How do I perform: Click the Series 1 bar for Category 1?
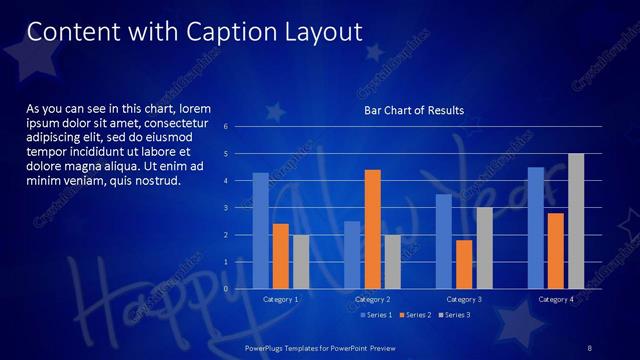(x=260, y=231)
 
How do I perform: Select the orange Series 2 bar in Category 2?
(x=372, y=229)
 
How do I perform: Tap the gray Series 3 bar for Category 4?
(x=576, y=221)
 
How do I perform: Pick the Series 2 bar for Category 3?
(x=464, y=264)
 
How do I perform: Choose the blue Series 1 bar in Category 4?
(x=536, y=228)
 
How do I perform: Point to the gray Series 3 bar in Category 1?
(x=300, y=262)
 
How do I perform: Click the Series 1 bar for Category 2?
(x=352, y=255)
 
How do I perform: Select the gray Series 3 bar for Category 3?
(x=484, y=248)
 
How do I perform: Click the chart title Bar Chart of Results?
(x=413, y=110)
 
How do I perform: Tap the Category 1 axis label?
(x=280, y=300)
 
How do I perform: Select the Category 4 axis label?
(x=556, y=300)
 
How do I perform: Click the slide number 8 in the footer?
(x=590, y=347)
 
